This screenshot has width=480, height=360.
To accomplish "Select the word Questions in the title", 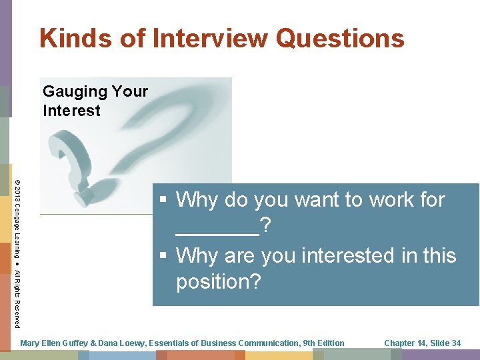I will click(x=339, y=38).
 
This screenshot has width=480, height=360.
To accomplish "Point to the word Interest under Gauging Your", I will click(x=71, y=111).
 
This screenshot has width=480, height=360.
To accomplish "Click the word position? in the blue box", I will click(x=218, y=282).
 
